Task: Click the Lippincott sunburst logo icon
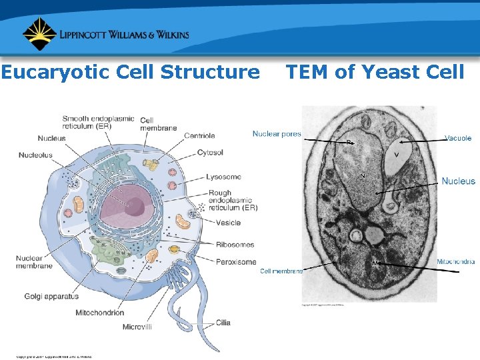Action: pyautogui.click(x=39, y=34)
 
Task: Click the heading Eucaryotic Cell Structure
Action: pyautogui.click(x=131, y=72)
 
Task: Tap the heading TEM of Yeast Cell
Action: pyautogui.click(x=375, y=72)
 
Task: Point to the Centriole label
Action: pyautogui.click(x=199, y=136)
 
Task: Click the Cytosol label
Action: pyautogui.click(x=210, y=153)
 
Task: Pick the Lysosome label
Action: pyautogui.click(x=223, y=177)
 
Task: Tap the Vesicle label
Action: pyautogui.click(x=228, y=223)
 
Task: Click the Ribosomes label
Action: pyautogui.click(x=235, y=245)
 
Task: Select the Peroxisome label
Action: pyautogui.click(x=235, y=262)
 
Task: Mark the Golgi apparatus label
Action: pyautogui.click(x=51, y=296)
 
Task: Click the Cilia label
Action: pyautogui.click(x=223, y=323)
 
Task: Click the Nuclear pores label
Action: pyautogui.click(x=277, y=134)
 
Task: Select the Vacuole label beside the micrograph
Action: pyautogui.click(x=458, y=138)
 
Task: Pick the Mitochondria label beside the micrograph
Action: pyautogui.click(x=456, y=261)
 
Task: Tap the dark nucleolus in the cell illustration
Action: pyautogui.click(x=135, y=207)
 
